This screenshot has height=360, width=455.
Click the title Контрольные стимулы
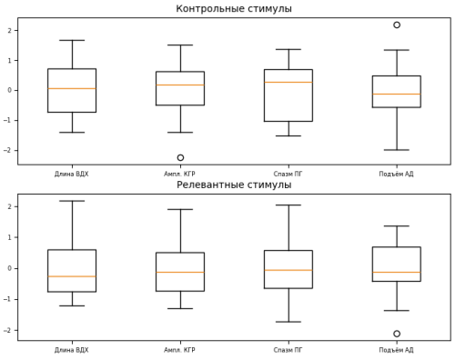click(234, 9)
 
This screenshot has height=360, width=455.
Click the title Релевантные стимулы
click(234, 185)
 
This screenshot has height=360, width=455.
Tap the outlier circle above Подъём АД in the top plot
click(397, 25)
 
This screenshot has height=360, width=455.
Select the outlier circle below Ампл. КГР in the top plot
click(180, 157)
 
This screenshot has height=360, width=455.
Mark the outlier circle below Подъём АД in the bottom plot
click(397, 334)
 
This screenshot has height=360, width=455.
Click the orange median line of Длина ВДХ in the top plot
click(72, 88)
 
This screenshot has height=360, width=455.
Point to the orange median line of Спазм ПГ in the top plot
click(288, 82)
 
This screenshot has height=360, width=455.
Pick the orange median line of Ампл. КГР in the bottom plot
click(180, 272)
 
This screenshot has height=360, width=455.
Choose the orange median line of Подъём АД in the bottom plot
click(397, 272)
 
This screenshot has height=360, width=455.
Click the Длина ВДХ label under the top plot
click(72, 174)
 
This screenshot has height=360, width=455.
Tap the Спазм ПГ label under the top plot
click(288, 174)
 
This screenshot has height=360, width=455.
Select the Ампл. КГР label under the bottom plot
click(180, 350)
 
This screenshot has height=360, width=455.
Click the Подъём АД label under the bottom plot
click(397, 350)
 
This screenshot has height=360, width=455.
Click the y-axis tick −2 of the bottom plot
click(9, 330)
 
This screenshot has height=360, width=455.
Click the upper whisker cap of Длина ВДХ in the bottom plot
click(72, 201)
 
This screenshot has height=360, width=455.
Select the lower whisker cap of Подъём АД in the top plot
click(397, 150)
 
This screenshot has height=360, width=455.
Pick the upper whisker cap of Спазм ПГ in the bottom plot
click(288, 205)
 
